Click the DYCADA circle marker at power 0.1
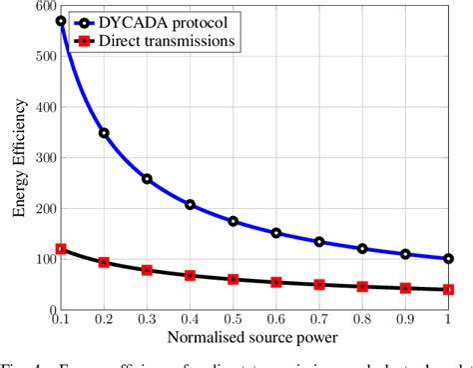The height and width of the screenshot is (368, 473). coord(61,21)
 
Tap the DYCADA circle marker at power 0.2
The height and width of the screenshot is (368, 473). coord(104,133)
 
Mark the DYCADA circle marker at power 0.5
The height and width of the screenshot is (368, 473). coord(234,221)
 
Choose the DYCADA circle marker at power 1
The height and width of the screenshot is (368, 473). coord(448,258)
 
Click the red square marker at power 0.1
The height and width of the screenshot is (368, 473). coord(61,249)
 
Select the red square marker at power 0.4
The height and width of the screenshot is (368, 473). coord(190,274)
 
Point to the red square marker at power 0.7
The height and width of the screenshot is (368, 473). coord(319,284)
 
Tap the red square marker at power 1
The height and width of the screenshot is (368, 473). coord(448,289)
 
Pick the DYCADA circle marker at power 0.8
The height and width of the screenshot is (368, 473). coord(362,248)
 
